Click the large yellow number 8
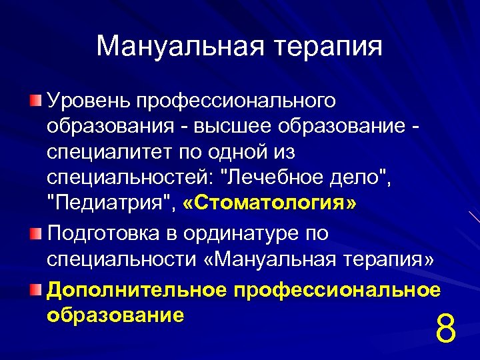(445, 329)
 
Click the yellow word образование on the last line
(115, 314)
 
